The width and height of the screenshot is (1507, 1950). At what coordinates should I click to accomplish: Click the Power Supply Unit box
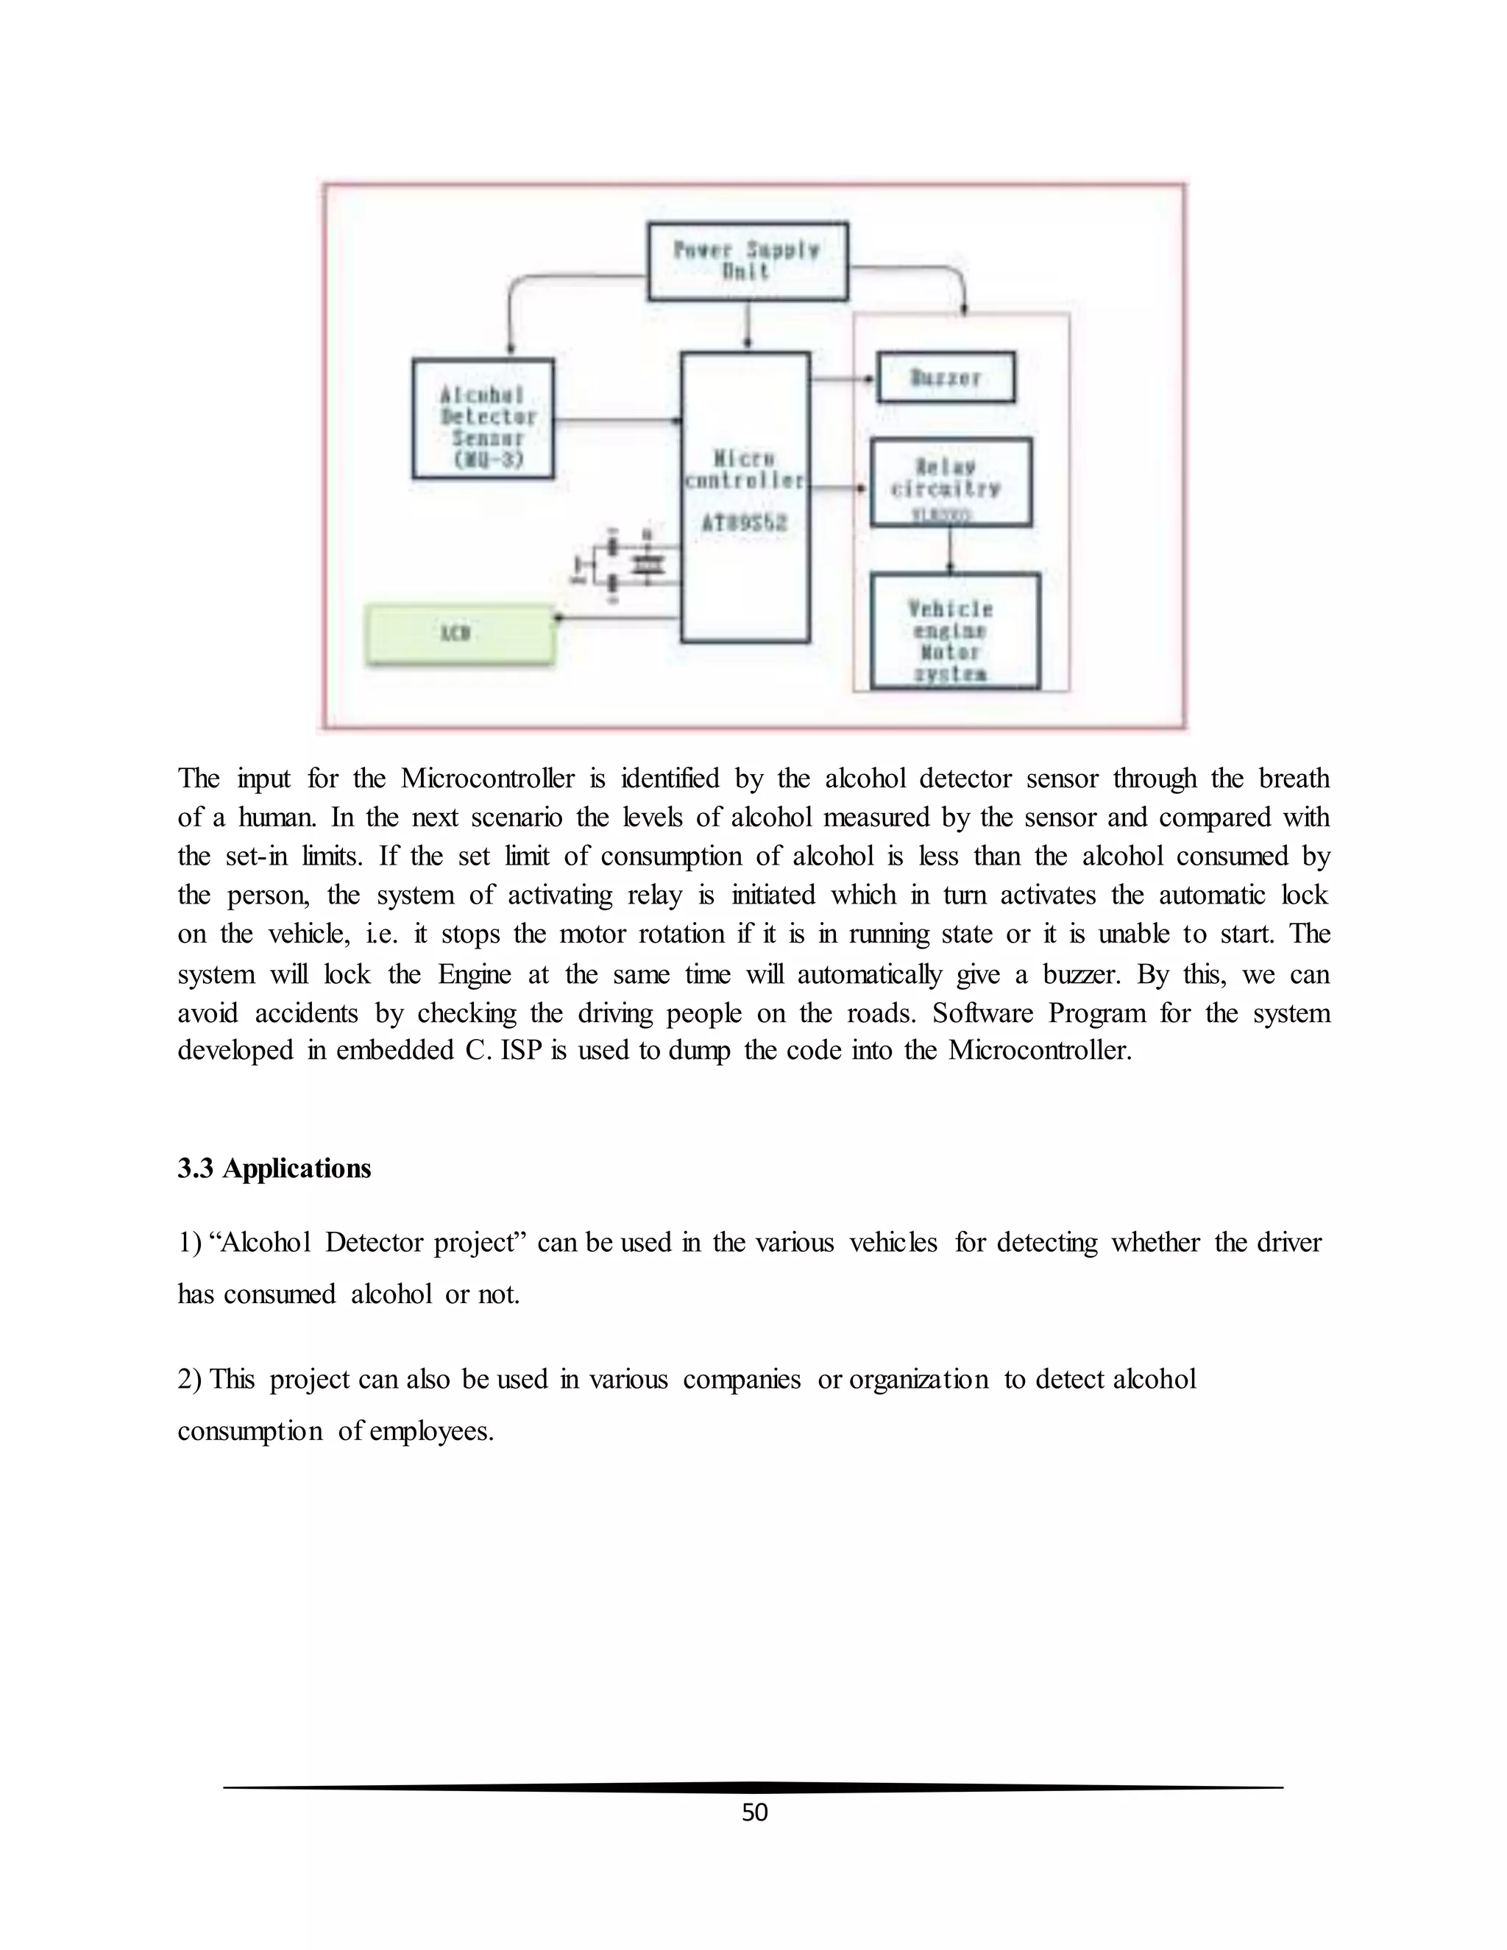pyautogui.click(x=748, y=260)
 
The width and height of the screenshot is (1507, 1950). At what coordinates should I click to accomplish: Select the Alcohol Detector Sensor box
pyautogui.click(x=483, y=419)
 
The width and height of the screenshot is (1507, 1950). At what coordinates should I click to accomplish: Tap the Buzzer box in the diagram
pyautogui.click(x=946, y=377)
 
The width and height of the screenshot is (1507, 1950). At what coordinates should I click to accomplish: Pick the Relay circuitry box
pyautogui.click(x=951, y=482)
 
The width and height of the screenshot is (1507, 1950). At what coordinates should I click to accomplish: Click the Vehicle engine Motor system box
pyautogui.click(x=954, y=631)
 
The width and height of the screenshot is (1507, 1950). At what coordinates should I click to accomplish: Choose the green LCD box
pyautogui.click(x=461, y=634)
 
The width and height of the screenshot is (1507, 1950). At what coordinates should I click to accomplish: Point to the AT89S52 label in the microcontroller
pyautogui.click(x=745, y=523)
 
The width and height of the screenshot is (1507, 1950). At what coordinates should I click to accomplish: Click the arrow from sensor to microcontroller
pyautogui.click(x=617, y=419)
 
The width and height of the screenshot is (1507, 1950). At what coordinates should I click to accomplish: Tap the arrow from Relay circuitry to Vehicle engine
pyautogui.click(x=951, y=550)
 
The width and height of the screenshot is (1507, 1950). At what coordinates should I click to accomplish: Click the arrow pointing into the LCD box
pyautogui.click(x=616, y=617)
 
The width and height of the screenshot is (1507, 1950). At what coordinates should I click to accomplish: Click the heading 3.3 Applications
pyautogui.click(x=274, y=1169)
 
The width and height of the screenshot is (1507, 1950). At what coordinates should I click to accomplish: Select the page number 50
pyautogui.click(x=754, y=1812)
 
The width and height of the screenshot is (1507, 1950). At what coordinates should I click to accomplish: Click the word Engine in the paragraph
pyautogui.click(x=474, y=974)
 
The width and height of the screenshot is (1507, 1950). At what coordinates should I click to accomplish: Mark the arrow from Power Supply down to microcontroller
pyautogui.click(x=748, y=325)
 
